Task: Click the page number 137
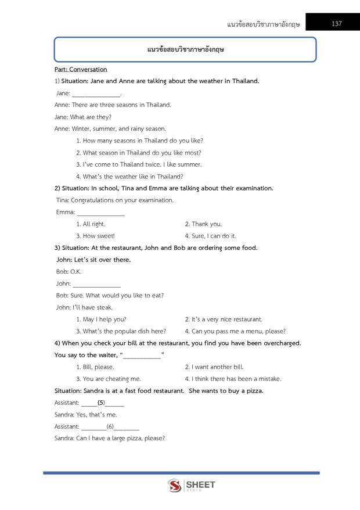[337, 24]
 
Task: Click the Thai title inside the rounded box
[185, 50]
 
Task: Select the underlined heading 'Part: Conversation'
[81, 69]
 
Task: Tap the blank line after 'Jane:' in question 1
[96, 94]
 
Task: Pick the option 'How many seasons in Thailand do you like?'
[139, 141]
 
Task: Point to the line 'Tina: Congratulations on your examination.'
[114, 200]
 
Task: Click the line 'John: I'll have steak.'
[84, 307]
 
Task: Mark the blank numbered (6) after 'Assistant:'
[110, 427]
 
